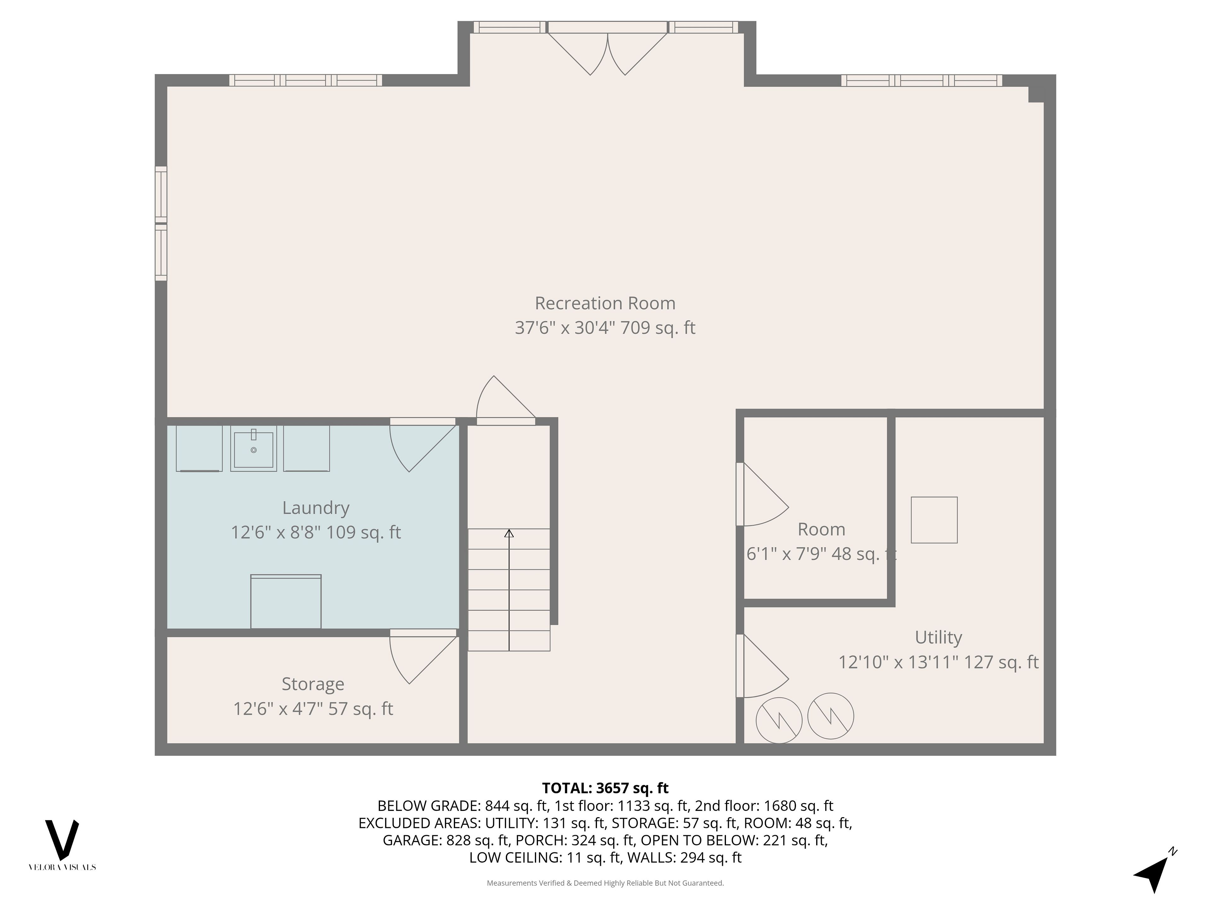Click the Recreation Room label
(605, 303)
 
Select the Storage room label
(313, 684)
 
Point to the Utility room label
(938, 637)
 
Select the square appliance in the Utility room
(934, 520)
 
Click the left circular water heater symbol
(779, 720)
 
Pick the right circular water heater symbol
(830, 716)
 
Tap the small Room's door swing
(762, 494)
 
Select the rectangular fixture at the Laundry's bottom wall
(286, 602)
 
